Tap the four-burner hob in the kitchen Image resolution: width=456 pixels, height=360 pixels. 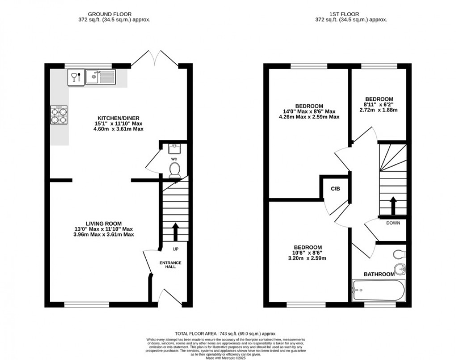[x=59, y=114]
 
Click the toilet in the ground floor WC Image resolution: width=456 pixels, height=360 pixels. [x=175, y=170]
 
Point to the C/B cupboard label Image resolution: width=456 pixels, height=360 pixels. [x=335, y=189]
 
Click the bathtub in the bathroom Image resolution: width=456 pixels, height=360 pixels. [x=378, y=290]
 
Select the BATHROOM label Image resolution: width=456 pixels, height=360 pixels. [x=379, y=274]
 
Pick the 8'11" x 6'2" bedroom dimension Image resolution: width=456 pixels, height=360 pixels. [x=379, y=105]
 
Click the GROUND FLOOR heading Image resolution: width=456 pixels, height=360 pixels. [x=104, y=14]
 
